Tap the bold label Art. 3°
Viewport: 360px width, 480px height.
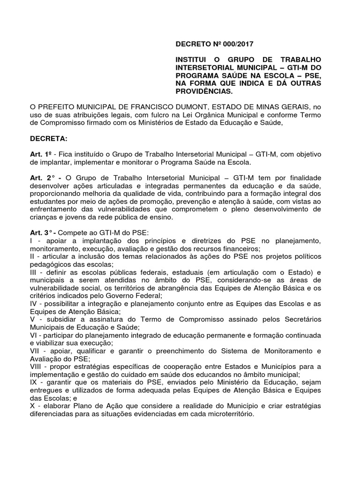point(41,233)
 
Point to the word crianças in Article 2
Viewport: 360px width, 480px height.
point(45,217)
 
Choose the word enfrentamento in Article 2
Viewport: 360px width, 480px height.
point(55,209)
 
